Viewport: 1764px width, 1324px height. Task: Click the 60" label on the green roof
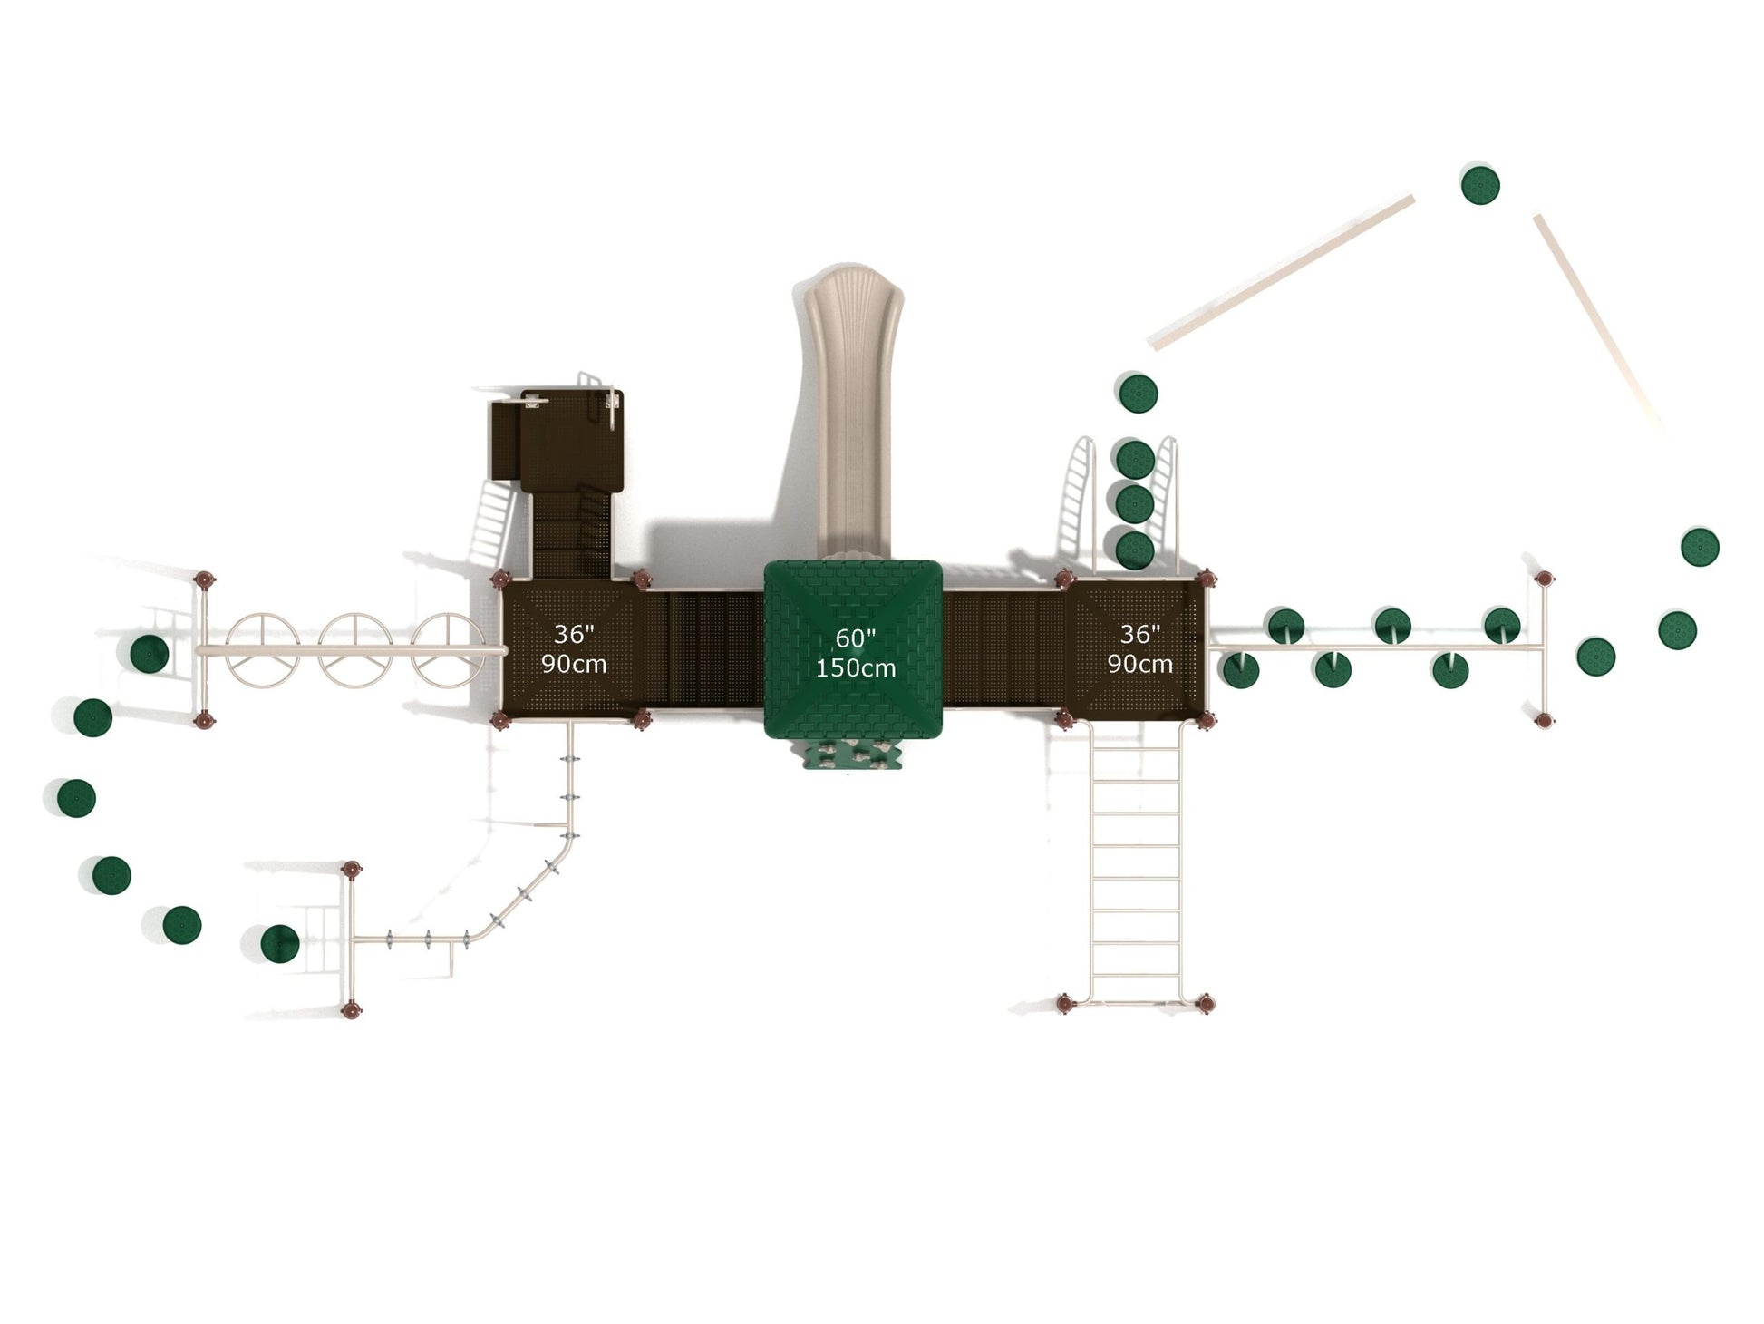pyautogui.click(x=850, y=639)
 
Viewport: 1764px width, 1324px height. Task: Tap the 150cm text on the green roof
pyautogui.click(x=855, y=669)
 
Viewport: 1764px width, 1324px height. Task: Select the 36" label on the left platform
pyautogui.click(x=574, y=635)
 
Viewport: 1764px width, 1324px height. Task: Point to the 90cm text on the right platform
pyautogui.click(x=1139, y=664)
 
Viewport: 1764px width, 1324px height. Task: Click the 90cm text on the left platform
pyautogui.click(x=574, y=664)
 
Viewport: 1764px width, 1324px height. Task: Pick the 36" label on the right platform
pyautogui.click(x=1139, y=635)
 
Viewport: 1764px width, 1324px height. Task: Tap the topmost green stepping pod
pyautogui.click(x=1480, y=184)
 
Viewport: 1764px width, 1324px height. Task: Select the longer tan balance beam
pyautogui.click(x=1281, y=271)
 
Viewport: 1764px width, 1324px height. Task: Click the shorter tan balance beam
pyautogui.click(x=1596, y=318)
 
